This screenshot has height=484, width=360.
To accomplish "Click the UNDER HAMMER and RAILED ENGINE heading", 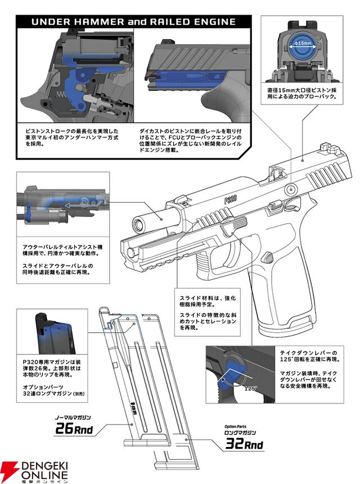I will [x=133, y=22].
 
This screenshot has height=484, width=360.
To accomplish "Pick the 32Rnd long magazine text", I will [x=244, y=445].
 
